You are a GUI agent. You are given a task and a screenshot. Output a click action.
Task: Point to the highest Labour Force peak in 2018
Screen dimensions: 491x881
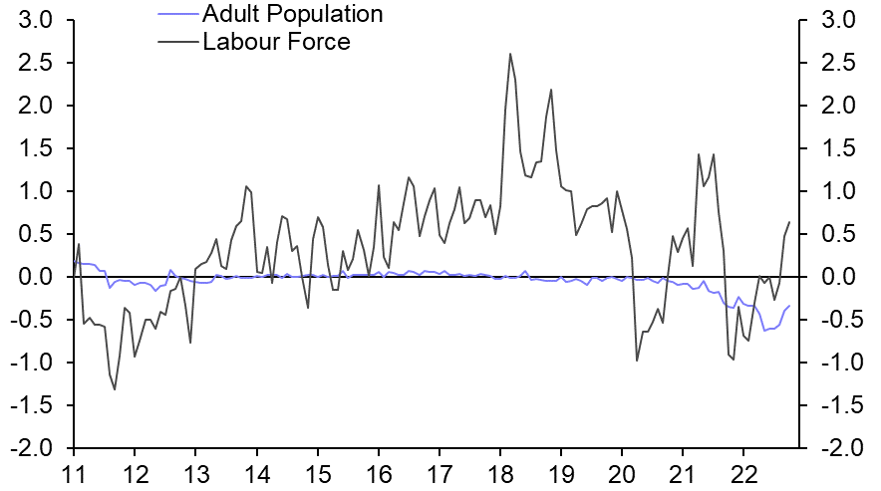click(510, 54)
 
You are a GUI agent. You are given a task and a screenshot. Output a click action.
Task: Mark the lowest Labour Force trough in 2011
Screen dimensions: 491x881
click(115, 389)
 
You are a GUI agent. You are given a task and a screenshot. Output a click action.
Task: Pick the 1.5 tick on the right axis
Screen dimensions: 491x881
click(835, 148)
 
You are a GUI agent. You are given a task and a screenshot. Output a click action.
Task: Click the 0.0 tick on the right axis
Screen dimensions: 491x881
click(835, 277)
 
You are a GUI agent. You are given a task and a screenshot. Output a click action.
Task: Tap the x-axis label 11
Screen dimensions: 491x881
click(74, 473)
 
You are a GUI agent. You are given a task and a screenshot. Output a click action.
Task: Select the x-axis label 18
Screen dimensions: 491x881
click(500, 473)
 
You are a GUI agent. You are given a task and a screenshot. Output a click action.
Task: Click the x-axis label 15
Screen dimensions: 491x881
click(317, 473)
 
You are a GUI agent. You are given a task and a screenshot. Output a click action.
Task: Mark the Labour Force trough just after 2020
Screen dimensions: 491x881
click(637, 360)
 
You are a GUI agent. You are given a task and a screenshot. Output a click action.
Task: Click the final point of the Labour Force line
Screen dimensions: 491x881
click(789, 222)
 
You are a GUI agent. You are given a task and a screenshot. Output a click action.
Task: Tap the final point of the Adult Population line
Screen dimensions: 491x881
click(789, 306)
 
